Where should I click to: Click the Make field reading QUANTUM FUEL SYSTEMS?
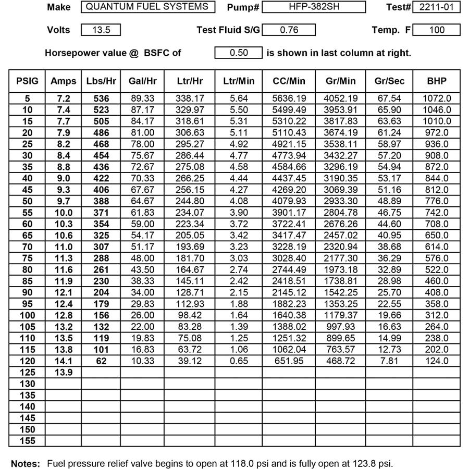coord(148,7)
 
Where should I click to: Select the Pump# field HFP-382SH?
coord(314,7)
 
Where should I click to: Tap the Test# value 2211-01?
coord(436,7)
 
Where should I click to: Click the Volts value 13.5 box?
coord(101,30)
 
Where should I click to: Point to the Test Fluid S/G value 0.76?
coord(289,30)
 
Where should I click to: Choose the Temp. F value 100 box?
coord(436,30)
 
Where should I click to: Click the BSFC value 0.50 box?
coord(238,53)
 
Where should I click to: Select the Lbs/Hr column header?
coord(101,81)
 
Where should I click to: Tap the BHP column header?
coord(436,81)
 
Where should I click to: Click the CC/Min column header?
coord(289,81)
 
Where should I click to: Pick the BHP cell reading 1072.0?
coord(436,98)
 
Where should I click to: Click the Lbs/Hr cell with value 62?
coord(101,361)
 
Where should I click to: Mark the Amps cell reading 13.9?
coord(63,373)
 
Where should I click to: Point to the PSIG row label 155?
coord(27,441)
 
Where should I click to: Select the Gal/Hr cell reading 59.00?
coord(142,224)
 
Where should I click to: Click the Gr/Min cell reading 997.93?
coord(341,327)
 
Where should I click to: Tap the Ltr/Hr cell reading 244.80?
coord(190,201)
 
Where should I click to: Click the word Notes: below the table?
coord(26,463)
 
